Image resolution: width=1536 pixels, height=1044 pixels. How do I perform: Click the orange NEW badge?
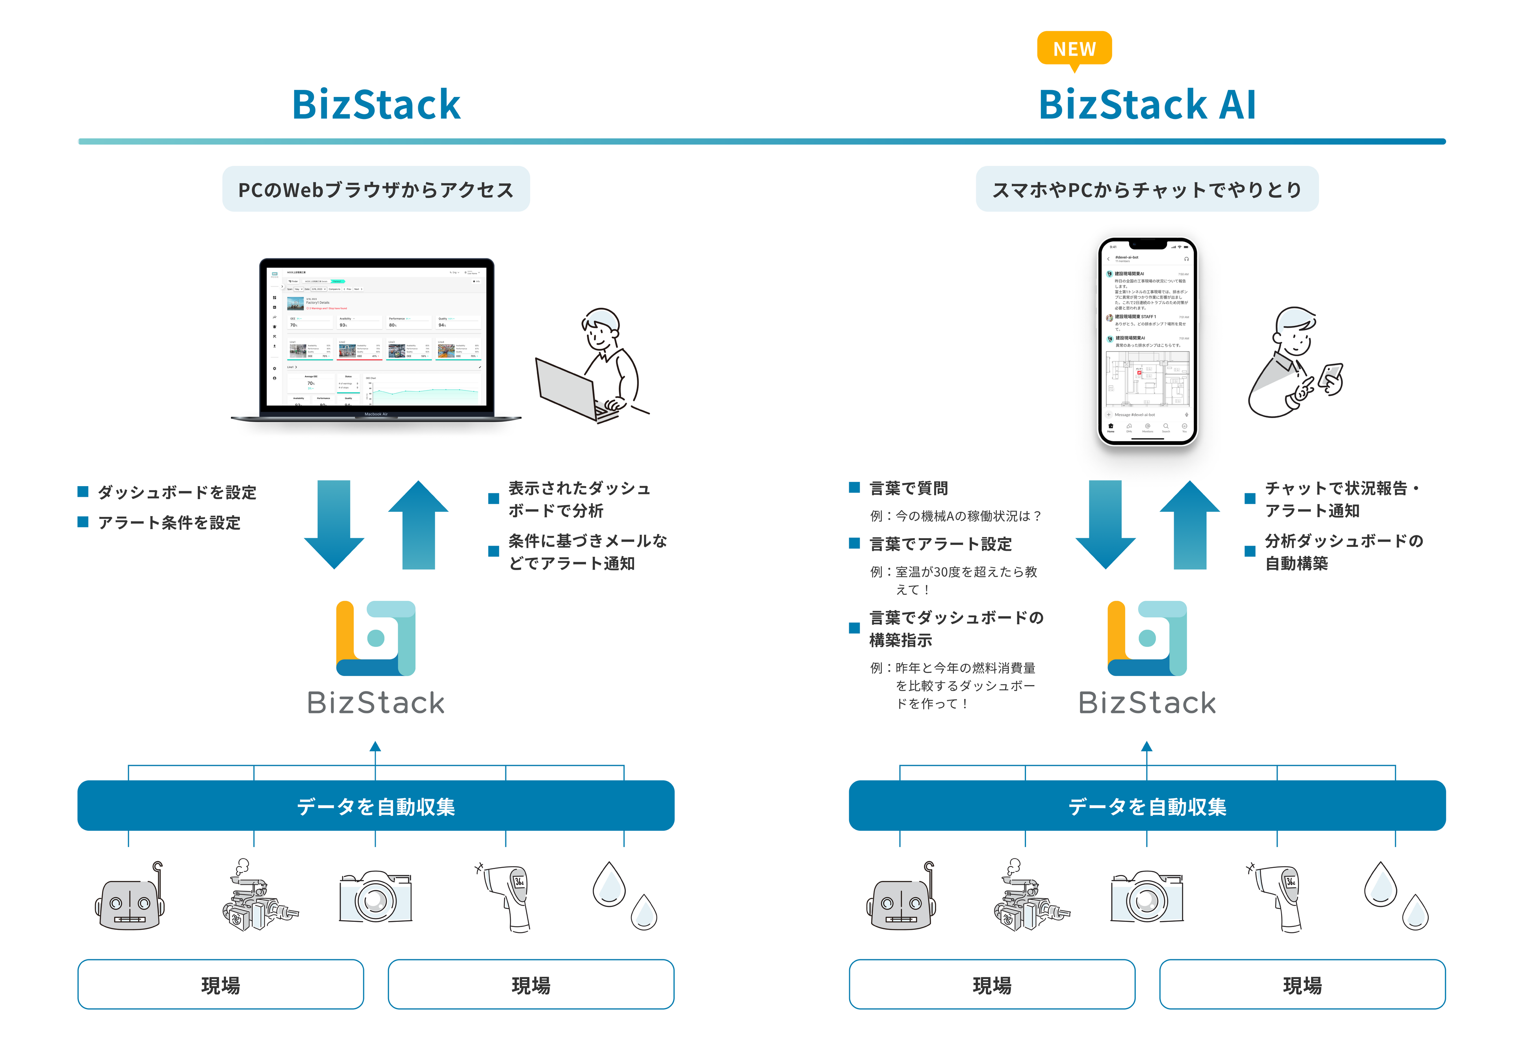tap(1074, 48)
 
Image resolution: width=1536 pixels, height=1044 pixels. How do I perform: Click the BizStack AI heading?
tap(1147, 104)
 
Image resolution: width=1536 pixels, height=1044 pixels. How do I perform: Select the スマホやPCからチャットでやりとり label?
tap(1147, 190)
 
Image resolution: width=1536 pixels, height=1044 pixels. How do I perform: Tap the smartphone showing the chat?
tap(1147, 340)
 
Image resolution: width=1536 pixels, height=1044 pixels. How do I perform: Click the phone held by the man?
tap(1331, 378)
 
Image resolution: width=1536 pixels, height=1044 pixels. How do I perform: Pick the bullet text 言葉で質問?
tap(909, 489)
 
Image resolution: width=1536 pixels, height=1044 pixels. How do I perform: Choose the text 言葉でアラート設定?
tap(940, 544)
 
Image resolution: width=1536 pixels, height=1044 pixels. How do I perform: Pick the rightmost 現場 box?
tap(1302, 985)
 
